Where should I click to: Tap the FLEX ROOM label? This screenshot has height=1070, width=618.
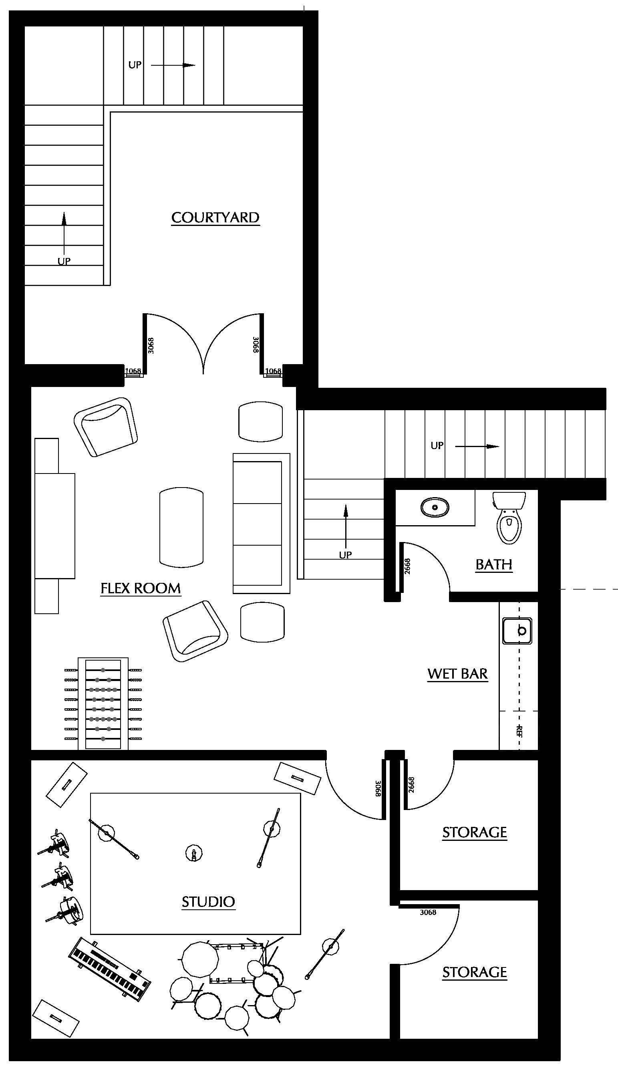pos(141,588)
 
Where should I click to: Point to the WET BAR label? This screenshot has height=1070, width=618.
pos(457,673)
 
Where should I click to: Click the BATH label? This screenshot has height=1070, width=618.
pos(493,564)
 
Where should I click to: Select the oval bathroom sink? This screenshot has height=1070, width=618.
pos(435,507)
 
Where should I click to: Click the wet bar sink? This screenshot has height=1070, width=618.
pos(517,631)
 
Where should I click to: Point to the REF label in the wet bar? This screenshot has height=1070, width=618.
pos(519,731)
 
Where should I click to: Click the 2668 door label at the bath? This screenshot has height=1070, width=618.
pos(407,566)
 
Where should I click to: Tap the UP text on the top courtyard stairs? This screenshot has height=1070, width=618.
pos(135,65)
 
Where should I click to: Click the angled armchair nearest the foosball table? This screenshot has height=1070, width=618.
pos(195,630)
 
